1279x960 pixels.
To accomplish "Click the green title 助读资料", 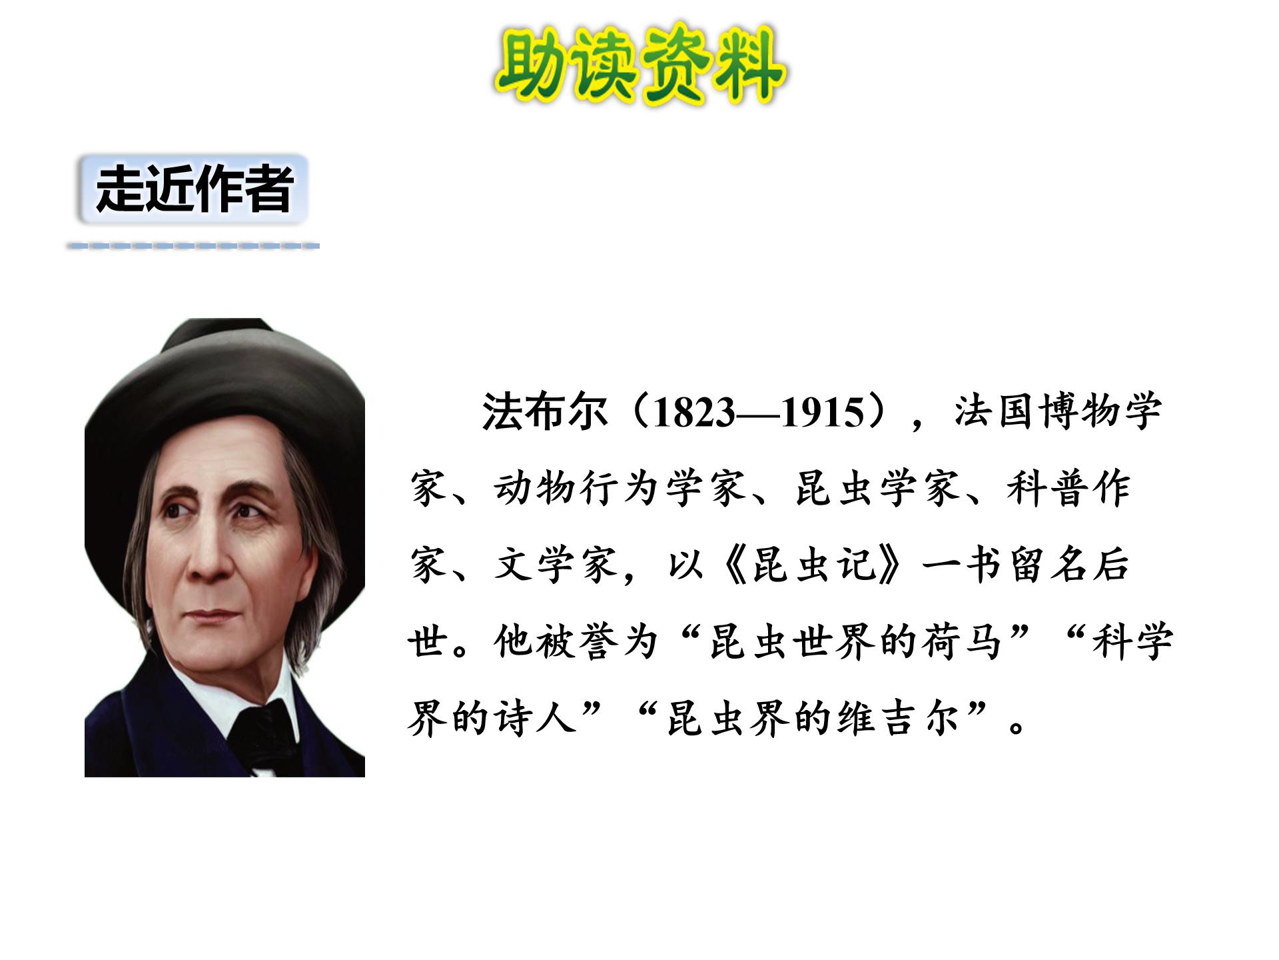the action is [640, 65].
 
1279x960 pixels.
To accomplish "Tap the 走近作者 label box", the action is [193, 189].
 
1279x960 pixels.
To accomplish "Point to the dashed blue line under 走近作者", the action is [193, 246].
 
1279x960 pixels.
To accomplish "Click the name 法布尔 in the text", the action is [544, 411].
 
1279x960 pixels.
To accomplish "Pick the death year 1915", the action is [822, 412].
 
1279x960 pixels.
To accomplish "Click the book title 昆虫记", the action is [813, 564].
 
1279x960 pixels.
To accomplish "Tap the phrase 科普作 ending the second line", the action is [1068, 487].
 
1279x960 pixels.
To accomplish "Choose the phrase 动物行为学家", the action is [620, 487].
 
